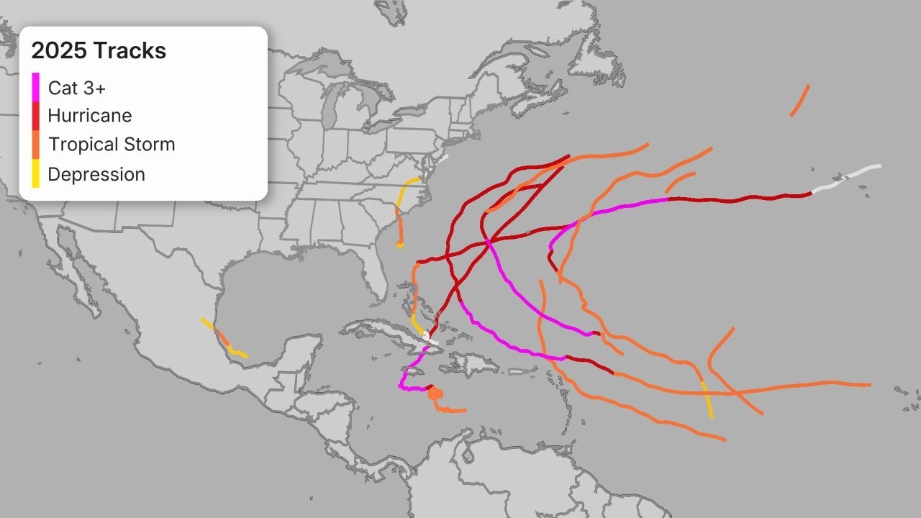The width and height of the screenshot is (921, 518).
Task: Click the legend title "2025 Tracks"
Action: [x=99, y=51]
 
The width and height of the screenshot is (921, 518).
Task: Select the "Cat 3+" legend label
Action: [x=77, y=88]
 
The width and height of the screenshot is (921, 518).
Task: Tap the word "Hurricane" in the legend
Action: [x=90, y=115]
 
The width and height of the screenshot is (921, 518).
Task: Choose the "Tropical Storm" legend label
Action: [x=112, y=144]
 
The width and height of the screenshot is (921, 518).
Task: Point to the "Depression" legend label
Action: [x=96, y=174]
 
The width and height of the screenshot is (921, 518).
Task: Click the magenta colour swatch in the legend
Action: [x=36, y=87]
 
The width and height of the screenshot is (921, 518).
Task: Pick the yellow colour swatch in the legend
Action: [x=36, y=174]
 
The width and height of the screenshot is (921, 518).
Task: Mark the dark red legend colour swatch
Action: [x=36, y=116]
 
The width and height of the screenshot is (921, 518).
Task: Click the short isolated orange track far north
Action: [x=799, y=100]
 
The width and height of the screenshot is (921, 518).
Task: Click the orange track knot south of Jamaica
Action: [x=434, y=393]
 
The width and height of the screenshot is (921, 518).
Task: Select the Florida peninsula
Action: [x=374, y=273]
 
